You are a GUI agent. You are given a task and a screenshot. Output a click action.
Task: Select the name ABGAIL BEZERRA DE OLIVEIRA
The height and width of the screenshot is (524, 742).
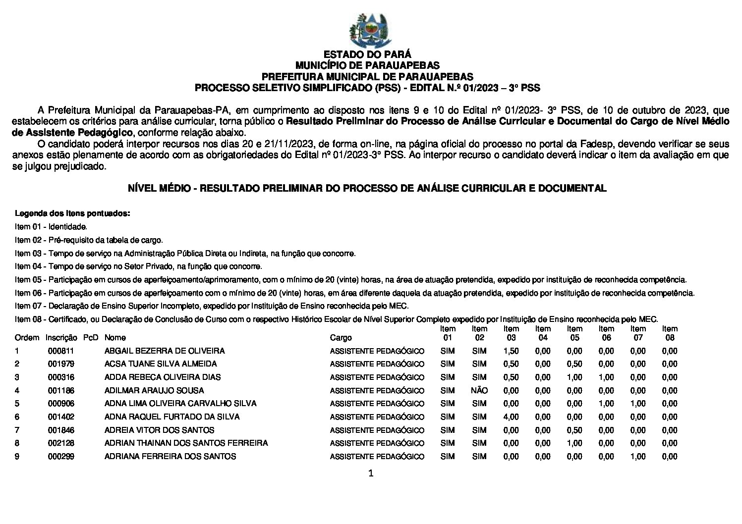165,351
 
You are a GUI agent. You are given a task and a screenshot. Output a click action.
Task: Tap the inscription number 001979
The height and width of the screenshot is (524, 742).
61,364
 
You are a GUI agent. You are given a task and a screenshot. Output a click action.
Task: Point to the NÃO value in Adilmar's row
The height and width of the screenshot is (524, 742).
479,390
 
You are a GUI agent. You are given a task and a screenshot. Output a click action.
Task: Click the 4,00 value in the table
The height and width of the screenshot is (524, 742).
511,417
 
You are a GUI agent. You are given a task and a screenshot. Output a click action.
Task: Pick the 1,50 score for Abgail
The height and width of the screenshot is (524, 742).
511,351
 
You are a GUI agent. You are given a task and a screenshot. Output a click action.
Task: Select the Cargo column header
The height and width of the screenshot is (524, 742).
341,338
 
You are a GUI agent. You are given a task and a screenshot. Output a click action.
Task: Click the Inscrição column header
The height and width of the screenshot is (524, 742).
61,338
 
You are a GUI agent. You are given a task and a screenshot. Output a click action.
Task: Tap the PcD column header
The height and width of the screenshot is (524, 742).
91,338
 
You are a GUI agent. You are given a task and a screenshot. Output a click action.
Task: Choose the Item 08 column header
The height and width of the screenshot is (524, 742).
670,333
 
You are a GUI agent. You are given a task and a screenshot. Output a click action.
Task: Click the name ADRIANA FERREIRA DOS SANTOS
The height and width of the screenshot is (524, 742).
170,457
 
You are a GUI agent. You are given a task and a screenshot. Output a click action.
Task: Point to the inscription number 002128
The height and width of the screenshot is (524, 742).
61,443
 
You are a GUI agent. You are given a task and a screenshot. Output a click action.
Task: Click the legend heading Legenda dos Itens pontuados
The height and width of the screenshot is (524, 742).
73,214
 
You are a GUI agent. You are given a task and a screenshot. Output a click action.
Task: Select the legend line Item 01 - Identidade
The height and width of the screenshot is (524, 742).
51,227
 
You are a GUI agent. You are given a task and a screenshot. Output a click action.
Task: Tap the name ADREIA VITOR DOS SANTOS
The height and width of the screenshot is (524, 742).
159,430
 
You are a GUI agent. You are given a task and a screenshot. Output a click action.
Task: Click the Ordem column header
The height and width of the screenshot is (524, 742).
27,338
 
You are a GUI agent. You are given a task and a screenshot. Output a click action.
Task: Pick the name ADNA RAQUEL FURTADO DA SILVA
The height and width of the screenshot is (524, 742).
172,417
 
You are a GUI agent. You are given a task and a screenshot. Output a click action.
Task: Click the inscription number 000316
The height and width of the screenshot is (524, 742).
61,377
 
